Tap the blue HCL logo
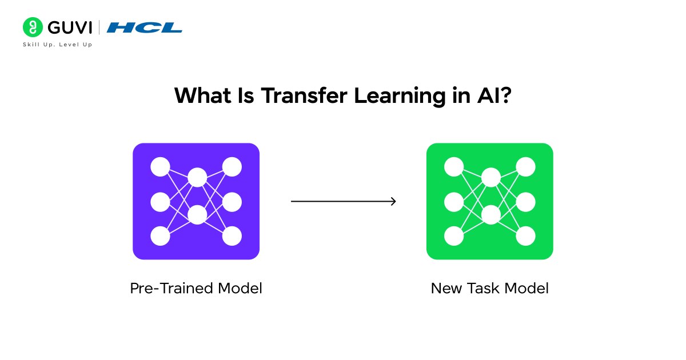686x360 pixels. tap(144, 27)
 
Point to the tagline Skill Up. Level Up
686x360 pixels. tap(57, 45)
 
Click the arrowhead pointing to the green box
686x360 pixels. tap(393, 201)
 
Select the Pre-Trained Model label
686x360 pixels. tap(196, 288)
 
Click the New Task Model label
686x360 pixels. tap(490, 288)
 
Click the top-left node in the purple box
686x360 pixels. tap(160, 167)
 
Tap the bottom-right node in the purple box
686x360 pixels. tap(232, 236)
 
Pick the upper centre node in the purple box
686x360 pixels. tap(197, 177)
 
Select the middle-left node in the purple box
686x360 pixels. tap(160, 202)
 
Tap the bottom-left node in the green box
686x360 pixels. tap(454, 236)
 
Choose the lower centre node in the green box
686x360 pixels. tap(490, 215)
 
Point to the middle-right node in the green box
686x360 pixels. tap(526, 202)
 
